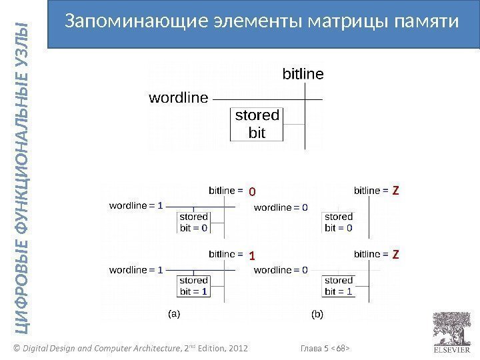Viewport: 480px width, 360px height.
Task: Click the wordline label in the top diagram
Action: click(178, 98)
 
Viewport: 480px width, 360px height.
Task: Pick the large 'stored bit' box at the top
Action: click(257, 124)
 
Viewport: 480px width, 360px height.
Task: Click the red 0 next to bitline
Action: click(252, 192)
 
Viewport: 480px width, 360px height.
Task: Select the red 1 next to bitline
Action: click(252, 256)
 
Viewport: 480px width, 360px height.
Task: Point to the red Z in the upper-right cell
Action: click(395, 191)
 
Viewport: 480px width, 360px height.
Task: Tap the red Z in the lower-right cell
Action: click(395, 255)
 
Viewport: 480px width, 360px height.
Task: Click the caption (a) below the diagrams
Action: click(173, 313)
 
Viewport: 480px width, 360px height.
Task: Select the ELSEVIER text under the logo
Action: click(452, 349)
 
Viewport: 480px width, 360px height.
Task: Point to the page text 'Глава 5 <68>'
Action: click(326, 348)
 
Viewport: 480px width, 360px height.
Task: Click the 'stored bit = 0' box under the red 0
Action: click(194, 223)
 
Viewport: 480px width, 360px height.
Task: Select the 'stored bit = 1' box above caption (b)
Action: click(339, 286)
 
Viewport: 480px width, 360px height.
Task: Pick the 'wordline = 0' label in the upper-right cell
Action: click(281, 207)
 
